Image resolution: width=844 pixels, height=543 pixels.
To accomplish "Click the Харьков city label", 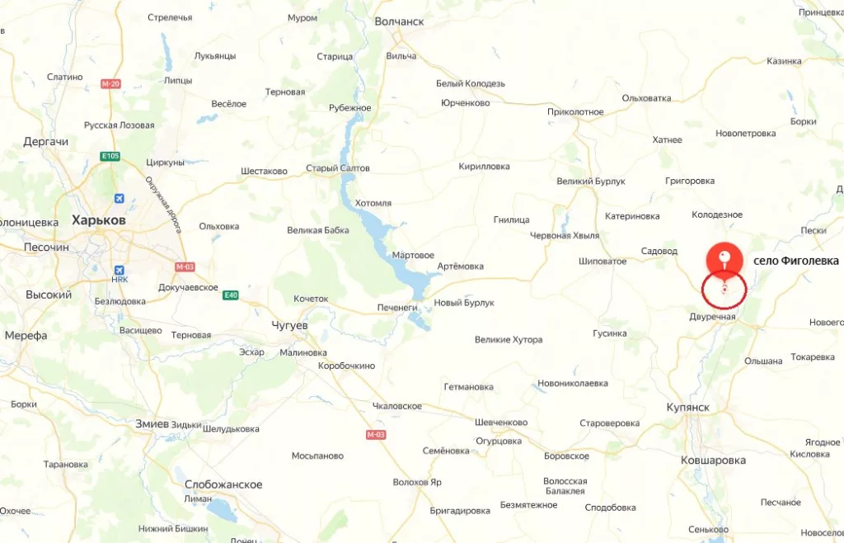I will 98,220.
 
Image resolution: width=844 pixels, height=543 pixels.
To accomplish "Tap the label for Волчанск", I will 399,21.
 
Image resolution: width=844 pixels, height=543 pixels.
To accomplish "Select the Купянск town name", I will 687,408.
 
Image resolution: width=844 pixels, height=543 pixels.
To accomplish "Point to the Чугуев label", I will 289,326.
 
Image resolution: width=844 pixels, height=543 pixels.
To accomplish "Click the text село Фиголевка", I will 795,261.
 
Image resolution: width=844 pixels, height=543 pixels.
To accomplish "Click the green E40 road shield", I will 231,295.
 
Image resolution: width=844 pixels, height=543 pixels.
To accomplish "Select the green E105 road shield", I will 110,156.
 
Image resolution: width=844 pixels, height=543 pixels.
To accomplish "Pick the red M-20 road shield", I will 110,84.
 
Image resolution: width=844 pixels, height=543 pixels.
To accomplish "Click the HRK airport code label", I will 120,280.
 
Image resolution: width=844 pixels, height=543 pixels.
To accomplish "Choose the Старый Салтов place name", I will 338,168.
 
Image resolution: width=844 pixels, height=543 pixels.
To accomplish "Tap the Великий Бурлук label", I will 590,182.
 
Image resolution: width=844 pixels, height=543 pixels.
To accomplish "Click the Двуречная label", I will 712,317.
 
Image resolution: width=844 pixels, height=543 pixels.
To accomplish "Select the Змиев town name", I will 152,423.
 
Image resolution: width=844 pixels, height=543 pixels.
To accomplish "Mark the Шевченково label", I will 501,423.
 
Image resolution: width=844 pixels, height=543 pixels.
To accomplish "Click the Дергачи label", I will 46,142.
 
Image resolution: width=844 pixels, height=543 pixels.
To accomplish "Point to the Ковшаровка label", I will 713,460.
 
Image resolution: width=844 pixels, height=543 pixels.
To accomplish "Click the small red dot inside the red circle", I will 724,290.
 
